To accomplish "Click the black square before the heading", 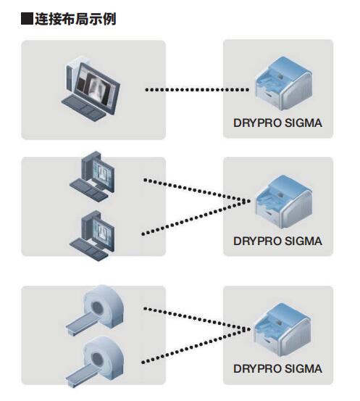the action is [x=27, y=19].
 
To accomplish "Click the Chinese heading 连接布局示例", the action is [x=75, y=19].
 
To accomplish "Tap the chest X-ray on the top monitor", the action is [x=96, y=87].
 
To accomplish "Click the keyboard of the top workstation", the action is [x=83, y=108].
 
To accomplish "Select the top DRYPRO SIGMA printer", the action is [x=283, y=84].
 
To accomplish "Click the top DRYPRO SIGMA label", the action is [x=277, y=123].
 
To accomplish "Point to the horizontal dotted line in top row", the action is [x=197, y=90].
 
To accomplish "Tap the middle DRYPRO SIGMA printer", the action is [x=283, y=202].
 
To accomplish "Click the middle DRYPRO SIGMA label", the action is [x=277, y=241].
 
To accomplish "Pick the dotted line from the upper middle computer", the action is [x=197, y=190].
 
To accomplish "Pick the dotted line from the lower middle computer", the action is [x=196, y=218].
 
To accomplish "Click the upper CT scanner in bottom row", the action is [x=95, y=310].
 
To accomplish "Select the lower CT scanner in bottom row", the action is [x=95, y=361].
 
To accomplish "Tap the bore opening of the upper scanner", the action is [x=97, y=306].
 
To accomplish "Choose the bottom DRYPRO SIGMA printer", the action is [x=282, y=329].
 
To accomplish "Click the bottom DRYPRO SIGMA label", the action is [x=277, y=369].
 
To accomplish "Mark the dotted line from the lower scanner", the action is [x=196, y=345].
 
